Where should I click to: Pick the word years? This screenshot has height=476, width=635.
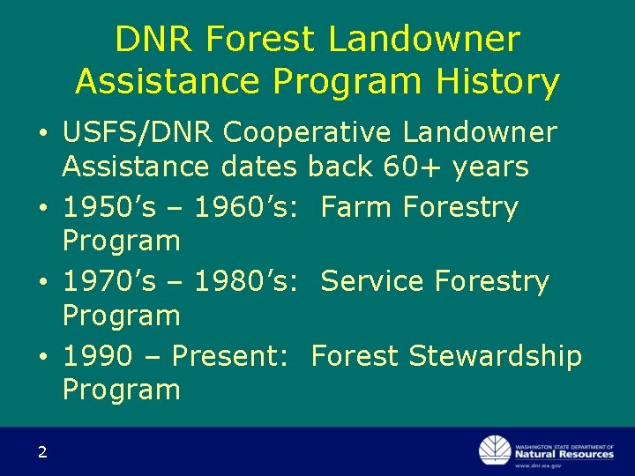point(490,166)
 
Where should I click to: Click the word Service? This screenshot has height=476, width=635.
point(373,282)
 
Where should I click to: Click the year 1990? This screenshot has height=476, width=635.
point(97,356)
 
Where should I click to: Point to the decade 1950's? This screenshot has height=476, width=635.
point(109,208)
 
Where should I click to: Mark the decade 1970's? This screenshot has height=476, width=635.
point(109,282)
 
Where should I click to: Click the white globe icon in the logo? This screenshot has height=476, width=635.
point(494,450)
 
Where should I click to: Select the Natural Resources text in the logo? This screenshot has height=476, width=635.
point(564,454)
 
